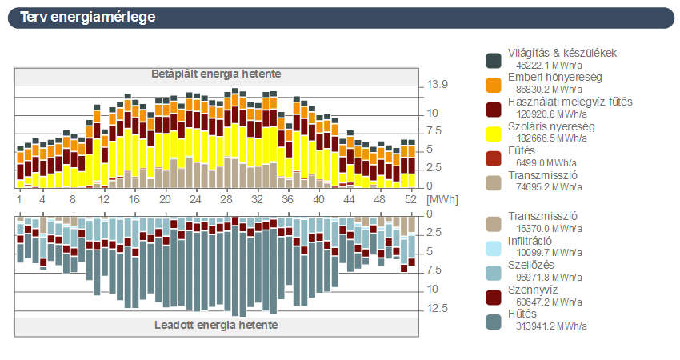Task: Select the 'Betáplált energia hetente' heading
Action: tap(216, 74)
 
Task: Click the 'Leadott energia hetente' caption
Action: tap(216, 326)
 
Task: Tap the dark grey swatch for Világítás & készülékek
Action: tap(494, 60)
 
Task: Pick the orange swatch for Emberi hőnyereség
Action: tap(494, 84)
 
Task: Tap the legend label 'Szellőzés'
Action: tap(532, 265)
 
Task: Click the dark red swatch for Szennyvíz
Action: tap(494, 297)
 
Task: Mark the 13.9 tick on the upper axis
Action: tap(437, 84)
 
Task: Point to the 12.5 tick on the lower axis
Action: tap(437, 309)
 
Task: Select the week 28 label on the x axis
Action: tap(226, 198)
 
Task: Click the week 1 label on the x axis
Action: tap(19, 198)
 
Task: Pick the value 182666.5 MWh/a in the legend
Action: tap(548, 138)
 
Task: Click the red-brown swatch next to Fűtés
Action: tap(494, 158)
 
